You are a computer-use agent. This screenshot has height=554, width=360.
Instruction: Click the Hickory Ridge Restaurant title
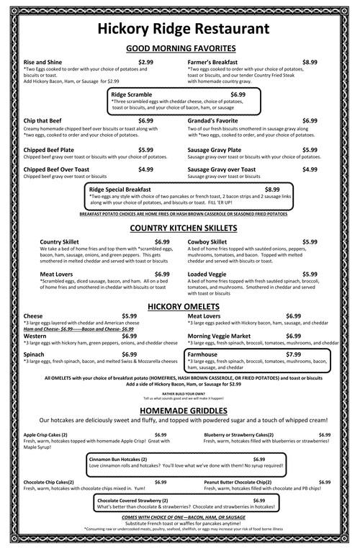[180, 29]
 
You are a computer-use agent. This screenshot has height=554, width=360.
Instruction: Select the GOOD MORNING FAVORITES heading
[180, 48]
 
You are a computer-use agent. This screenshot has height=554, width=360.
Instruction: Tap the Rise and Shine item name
[45, 63]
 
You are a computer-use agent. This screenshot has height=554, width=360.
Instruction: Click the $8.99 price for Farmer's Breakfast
[310, 63]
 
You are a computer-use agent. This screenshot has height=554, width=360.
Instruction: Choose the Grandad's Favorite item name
[214, 120]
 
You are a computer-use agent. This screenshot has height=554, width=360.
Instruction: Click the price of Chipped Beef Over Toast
[145, 169]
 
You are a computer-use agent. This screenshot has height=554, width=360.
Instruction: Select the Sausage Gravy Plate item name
[215, 150]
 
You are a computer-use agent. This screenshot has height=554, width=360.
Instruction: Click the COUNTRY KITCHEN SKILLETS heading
[180, 228]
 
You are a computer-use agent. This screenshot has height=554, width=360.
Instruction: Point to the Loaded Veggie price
[310, 274]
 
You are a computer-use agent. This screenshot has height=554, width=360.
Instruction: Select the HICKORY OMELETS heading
[180, 306]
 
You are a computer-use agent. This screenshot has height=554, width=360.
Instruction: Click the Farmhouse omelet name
[202, 354]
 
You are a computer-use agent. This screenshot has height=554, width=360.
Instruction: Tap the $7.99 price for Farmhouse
[293, 354]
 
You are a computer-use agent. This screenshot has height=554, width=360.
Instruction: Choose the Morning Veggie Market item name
[219, 336]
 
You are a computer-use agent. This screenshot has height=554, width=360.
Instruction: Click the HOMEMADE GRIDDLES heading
[180, 410]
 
